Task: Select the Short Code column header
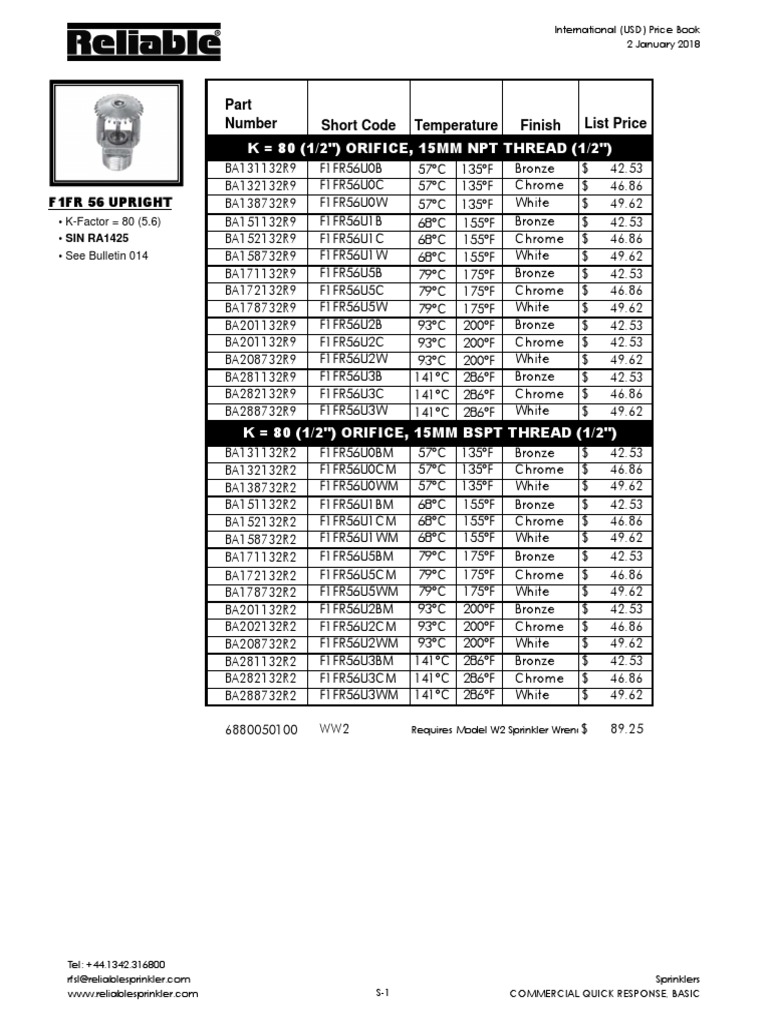click(358, 125)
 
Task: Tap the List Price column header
click(615, 123)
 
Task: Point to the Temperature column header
click(456, 125)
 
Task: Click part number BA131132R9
click(261, 169)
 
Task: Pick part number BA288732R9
click(261, 411)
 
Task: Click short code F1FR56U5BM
click(357, 556)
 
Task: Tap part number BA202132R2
click(261, 626)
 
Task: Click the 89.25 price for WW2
click(626, 730)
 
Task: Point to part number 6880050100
click(262, 730)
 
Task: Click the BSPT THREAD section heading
click(430, 433)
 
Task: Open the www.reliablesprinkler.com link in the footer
click(133, 993)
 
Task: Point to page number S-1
click(382, 993)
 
